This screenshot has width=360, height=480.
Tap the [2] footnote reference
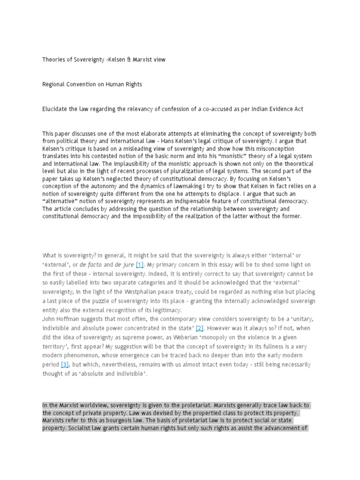pos(200,327)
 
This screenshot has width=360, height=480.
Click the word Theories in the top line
pos(54,60)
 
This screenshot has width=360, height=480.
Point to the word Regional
pos(55,84)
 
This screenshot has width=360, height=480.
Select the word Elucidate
pos(56,109)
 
